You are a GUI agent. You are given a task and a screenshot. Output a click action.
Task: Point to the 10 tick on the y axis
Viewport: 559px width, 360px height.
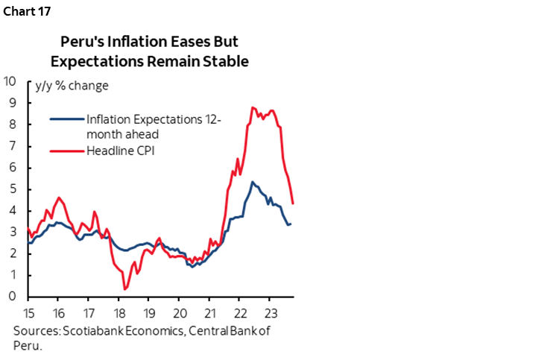[x=11, y=81]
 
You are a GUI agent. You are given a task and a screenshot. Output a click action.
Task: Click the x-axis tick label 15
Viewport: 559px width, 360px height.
[x=28, y=312]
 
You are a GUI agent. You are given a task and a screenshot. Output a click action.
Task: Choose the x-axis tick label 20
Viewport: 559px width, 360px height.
[x=179, y=312]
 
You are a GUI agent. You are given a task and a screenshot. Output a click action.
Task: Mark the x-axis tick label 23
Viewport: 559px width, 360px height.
[x=270, y=312]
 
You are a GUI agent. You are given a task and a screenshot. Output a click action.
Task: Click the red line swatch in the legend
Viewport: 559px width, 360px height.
[x=66, y=152]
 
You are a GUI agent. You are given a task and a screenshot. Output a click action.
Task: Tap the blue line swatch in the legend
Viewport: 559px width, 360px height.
[x=66, y=118]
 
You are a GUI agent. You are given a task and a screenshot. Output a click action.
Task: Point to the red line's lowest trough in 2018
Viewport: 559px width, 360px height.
[x=125, y=289]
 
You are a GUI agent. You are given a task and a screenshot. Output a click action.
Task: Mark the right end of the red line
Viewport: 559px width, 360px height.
[x=293, y=203]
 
